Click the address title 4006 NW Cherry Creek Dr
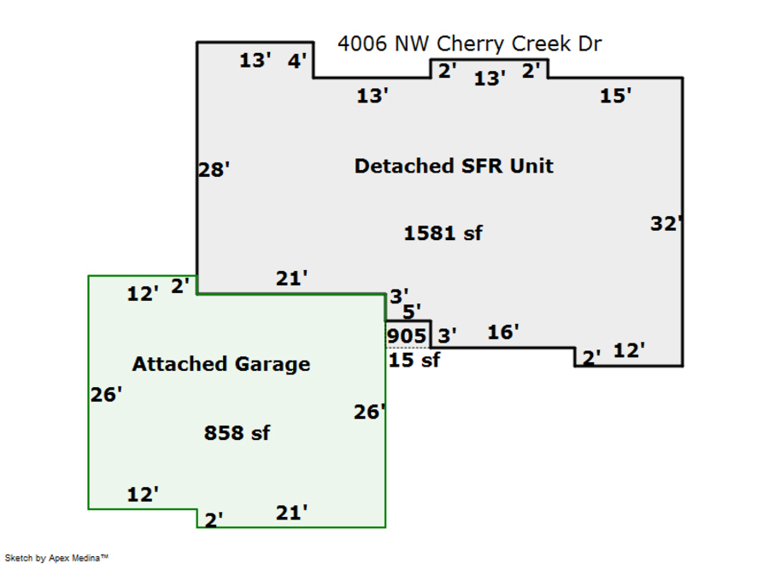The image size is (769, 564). [x=469, y=44]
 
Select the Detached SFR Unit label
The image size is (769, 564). [x=454, y=166]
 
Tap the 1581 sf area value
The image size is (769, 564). [x=443, y=232]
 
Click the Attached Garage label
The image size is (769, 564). [x=220, y=364]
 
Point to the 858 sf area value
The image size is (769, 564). [x=237, y=433]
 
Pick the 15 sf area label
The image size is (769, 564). [x=414, y=360]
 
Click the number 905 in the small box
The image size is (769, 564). [x=406, y=335]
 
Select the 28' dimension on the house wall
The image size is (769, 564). [x=214, y=169]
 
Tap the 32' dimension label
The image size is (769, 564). [x=666, y=224]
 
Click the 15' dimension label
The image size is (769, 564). [x=615, y=96]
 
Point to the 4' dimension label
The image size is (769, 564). [x=297, y=62]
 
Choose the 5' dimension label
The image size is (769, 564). [x=412, y=312]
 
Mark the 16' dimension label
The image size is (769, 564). [x=503, y=332]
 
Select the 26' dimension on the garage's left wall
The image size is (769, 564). [x=106, y=395]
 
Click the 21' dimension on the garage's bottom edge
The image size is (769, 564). [x=291, y=513]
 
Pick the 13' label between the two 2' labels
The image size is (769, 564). [x=490, y=79]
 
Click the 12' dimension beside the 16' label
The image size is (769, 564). [x=629, y=350]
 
